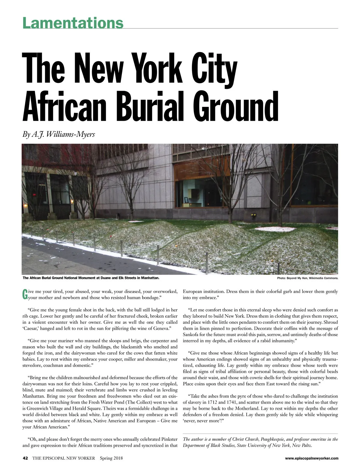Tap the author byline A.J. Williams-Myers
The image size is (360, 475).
click(x=59, y=134)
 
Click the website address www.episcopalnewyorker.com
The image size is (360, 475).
click(x=311, y=458)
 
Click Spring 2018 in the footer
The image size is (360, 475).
click(x=111, y=458)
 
